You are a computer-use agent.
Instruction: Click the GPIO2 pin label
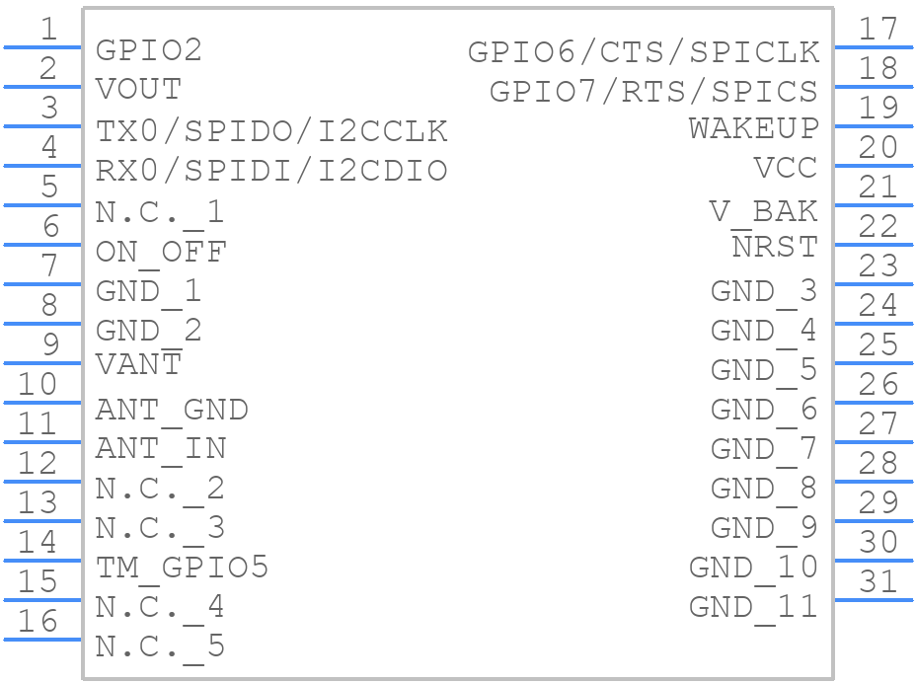click(x=148, y=50)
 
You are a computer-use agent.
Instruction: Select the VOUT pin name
click(x=138, y=90)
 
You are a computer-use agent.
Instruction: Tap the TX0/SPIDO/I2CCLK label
click(x=271, y=131)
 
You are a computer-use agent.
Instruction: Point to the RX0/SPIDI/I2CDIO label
click(x=271, y=171)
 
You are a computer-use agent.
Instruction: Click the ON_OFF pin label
click(x=161, y=253)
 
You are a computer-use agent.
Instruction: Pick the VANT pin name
click(x=138, y=364)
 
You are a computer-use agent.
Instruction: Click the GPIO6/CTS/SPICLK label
click(x=644, y=52)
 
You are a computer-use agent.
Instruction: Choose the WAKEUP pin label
click(x=753, y=128)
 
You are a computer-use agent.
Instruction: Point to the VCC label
click(x=785, y=168)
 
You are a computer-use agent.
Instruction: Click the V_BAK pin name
click(x=764, y=213)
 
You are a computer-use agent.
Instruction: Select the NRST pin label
click(x=775, y=247)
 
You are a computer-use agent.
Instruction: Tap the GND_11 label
click(x=753, y=608)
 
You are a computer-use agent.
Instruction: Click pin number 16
click(x=38, y=621)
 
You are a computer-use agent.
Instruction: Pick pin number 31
click(x=878, y=581)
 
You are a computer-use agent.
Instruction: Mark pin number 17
click(x=878, y=29)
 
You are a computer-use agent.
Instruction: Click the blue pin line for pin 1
click(x=42, y=47)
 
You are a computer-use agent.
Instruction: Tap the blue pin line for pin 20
click(x=874, y=166)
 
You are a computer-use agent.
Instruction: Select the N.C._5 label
click(x=160, y=647)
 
